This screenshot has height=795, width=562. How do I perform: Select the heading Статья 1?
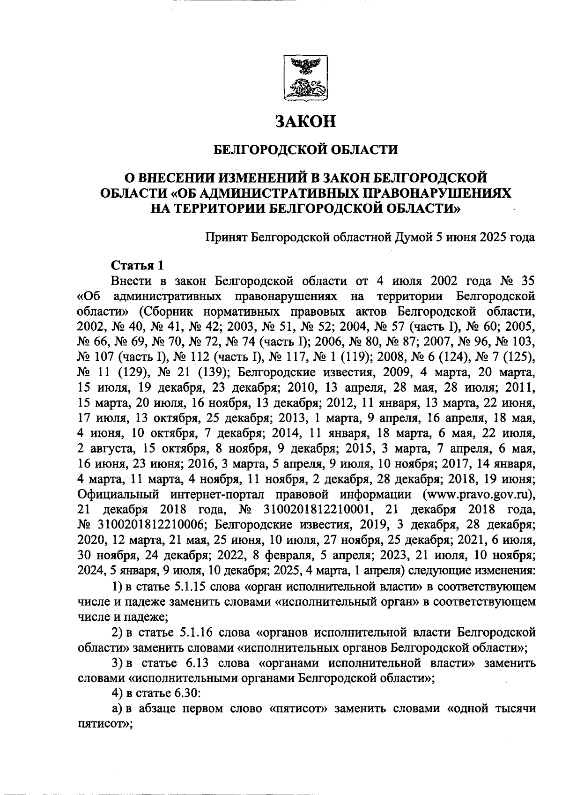(137, 265)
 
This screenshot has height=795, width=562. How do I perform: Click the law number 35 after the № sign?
(526, 281)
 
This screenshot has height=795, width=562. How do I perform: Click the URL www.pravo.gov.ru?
(477, 495)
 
